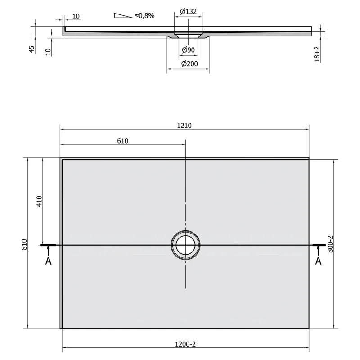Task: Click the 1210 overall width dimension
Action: pyautogui.click(x=184, y=126)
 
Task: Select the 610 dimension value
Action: pyautogui.click(x=122, y=141)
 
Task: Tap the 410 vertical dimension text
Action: pyautogui.click(x=40, y=201)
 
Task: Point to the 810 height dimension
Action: pyautogui.click(x=25, y=244)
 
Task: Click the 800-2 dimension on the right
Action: pyautogui.click(x=330, y=244)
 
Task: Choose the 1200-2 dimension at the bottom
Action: pyautogui.click(x=185, y=344)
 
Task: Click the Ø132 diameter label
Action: pyautogui.click(x=188, y=11)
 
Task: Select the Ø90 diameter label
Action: pyautogui.click(x=188, y=50)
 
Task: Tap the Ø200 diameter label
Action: pyautogui.click(x=189, y=63)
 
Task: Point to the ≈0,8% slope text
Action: pyautogui.click(x=144, y=16)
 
